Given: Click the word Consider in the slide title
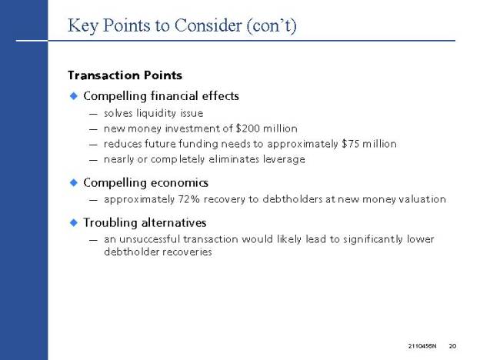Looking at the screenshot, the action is pyautogui.click(x=208, y=25).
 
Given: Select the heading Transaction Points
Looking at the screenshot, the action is pyautogui.click(x=125, y=75).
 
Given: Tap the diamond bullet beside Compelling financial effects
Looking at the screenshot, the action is pyautogui.click(x=74, y=96).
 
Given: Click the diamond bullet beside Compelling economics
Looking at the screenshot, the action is pyautogui.click(x=74, y=183).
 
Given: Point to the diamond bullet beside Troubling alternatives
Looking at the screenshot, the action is pyautogui.click(x=74, y=222).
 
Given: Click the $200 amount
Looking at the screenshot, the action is pyautogui.click(x=248, y=128).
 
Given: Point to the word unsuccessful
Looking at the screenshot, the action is pyautogui.click(x=149, y=238).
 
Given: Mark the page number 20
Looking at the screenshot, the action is pyautogui.click(x=452, y=346).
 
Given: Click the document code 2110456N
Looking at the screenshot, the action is pyautogui.click(x=422, y=346).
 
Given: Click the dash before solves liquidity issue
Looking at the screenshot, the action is pyautogui.click(x=93, y=114).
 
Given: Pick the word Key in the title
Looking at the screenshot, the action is pyautogui.click(x=83, y=25).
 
